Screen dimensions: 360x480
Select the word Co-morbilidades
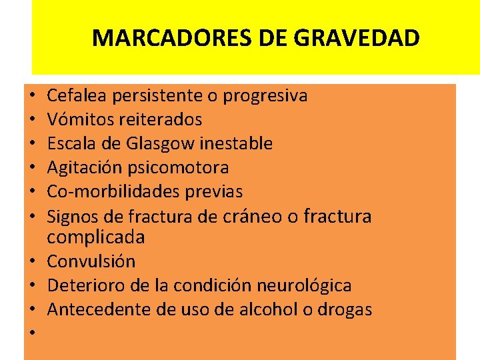point(107,191)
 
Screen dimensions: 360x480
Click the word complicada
point(96,237)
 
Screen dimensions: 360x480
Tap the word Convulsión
point(91,261)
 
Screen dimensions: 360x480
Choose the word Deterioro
point(82,285)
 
